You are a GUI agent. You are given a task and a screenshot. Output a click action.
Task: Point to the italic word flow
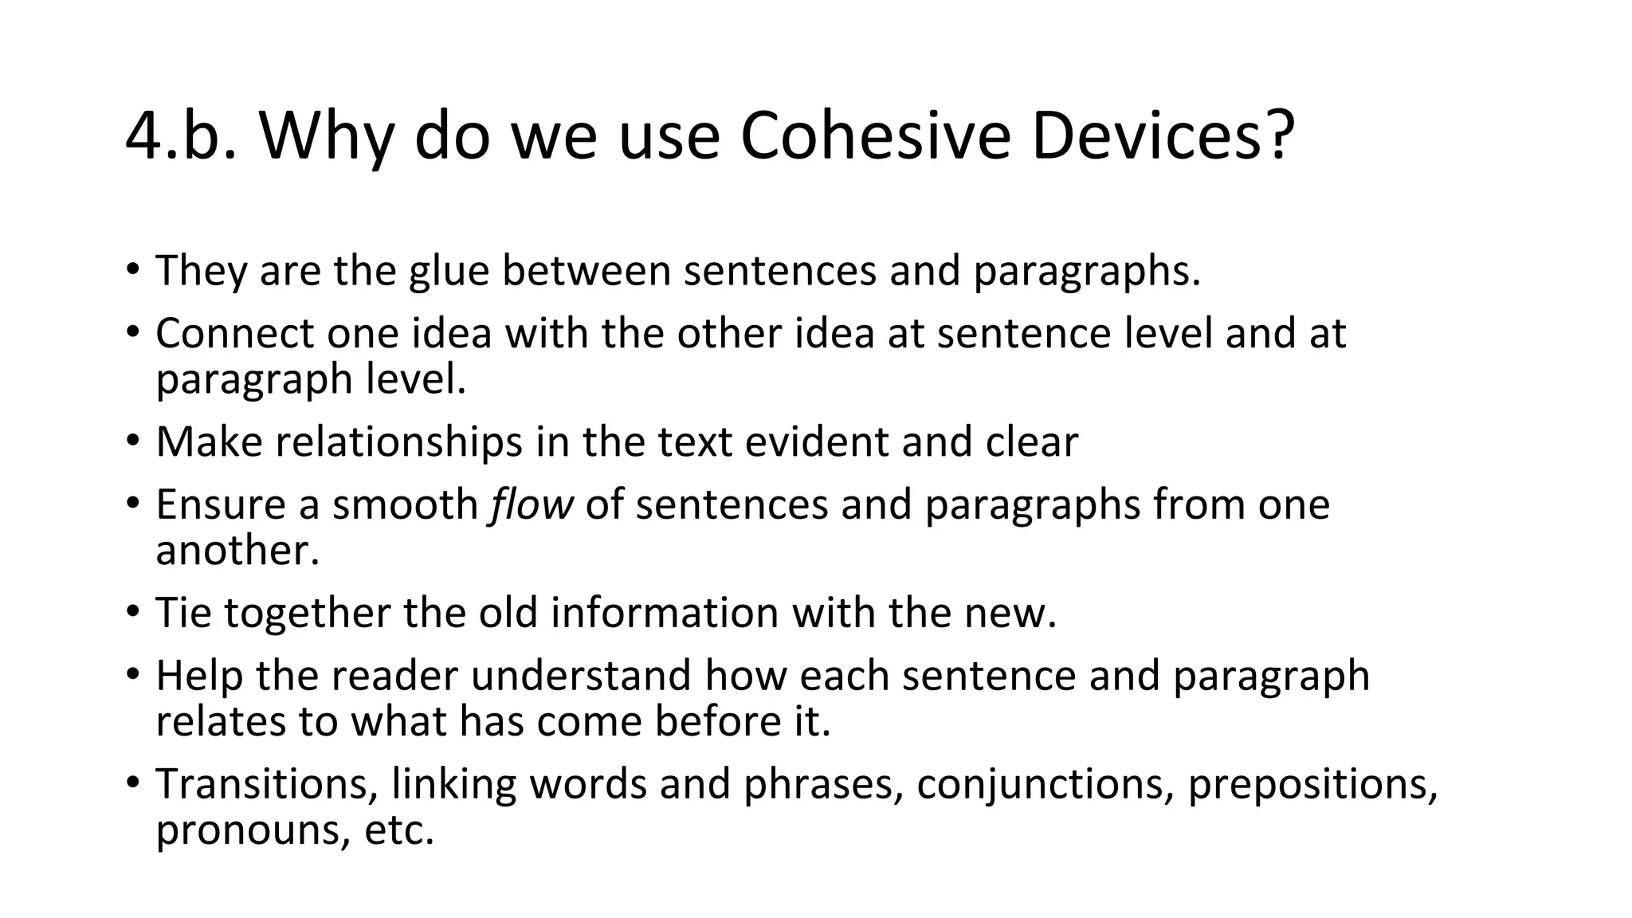532,504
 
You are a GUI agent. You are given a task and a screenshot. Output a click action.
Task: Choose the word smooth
405,504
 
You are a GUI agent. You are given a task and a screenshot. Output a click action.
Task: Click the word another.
237,551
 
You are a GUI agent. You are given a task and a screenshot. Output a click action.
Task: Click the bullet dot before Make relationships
133,441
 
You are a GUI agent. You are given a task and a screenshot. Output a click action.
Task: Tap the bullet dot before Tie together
133,612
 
